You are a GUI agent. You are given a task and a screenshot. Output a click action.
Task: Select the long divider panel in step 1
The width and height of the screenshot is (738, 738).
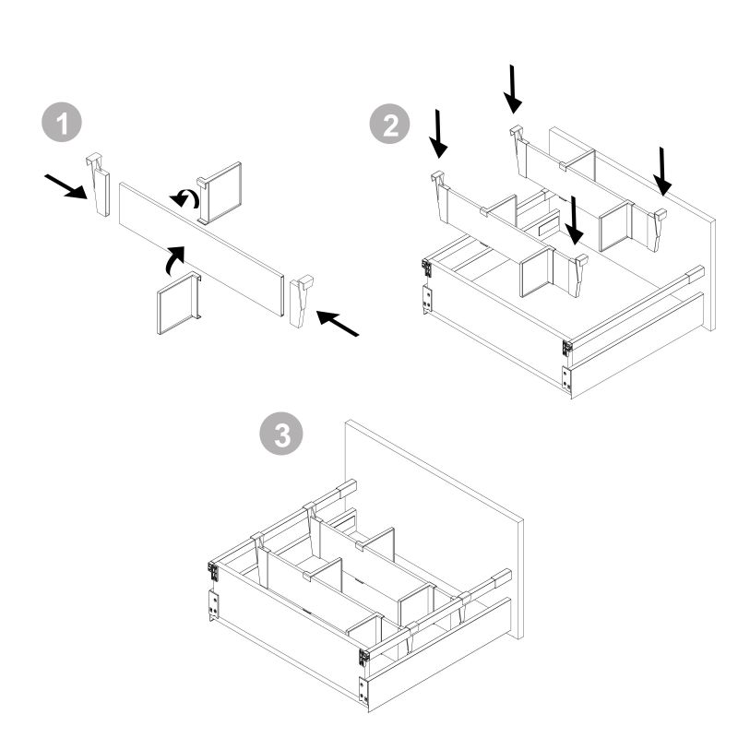click(201, 248)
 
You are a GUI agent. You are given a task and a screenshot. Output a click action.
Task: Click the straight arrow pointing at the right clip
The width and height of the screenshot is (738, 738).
click(337, 324)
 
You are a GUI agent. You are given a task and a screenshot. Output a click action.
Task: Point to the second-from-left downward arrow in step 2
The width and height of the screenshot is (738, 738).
click(513, 89)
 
